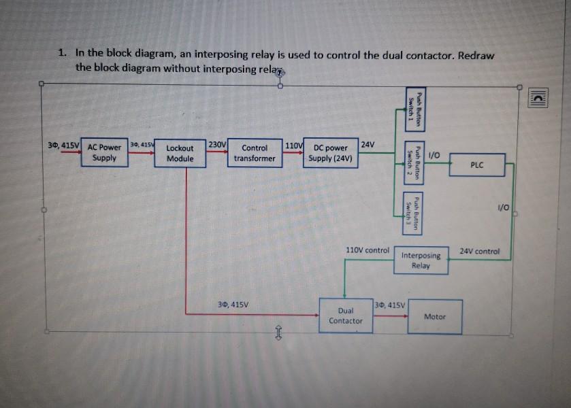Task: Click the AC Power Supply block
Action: [x=104, y=152]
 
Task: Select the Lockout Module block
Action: [x=180, y=153]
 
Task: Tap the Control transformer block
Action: [x=255, y=153]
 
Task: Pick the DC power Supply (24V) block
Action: [x=331, y=153]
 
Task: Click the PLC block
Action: [x=477, y=165]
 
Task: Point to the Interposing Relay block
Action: [x=421, y=260]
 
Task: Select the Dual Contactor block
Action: [x=346, y=315]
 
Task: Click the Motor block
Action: [x=434, y=317]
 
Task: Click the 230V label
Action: [x=217, y=144]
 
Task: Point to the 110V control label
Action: [x=368, y=250]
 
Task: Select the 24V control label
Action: [x=480, y=251]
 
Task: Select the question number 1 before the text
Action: [x=61, y=52]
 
